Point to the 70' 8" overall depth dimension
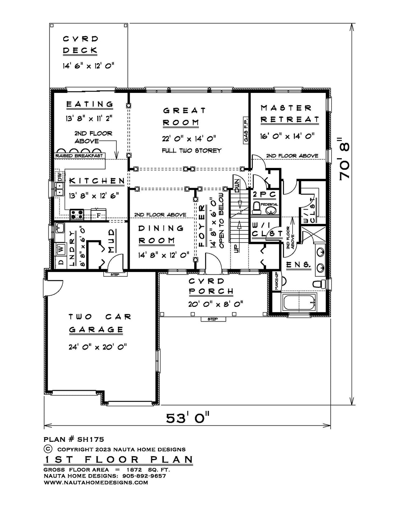click(x=344, y=159)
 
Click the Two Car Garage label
click(x=96, y=323)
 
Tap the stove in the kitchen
click(x=77, y=215)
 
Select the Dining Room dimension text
click(x=163, y=255)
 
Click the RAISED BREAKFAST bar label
click(x=79, y=156)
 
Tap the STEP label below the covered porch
click(x=213, y=319)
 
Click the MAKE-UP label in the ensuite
click(x=276, y=281)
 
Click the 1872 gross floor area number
click(x=134, y=470)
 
